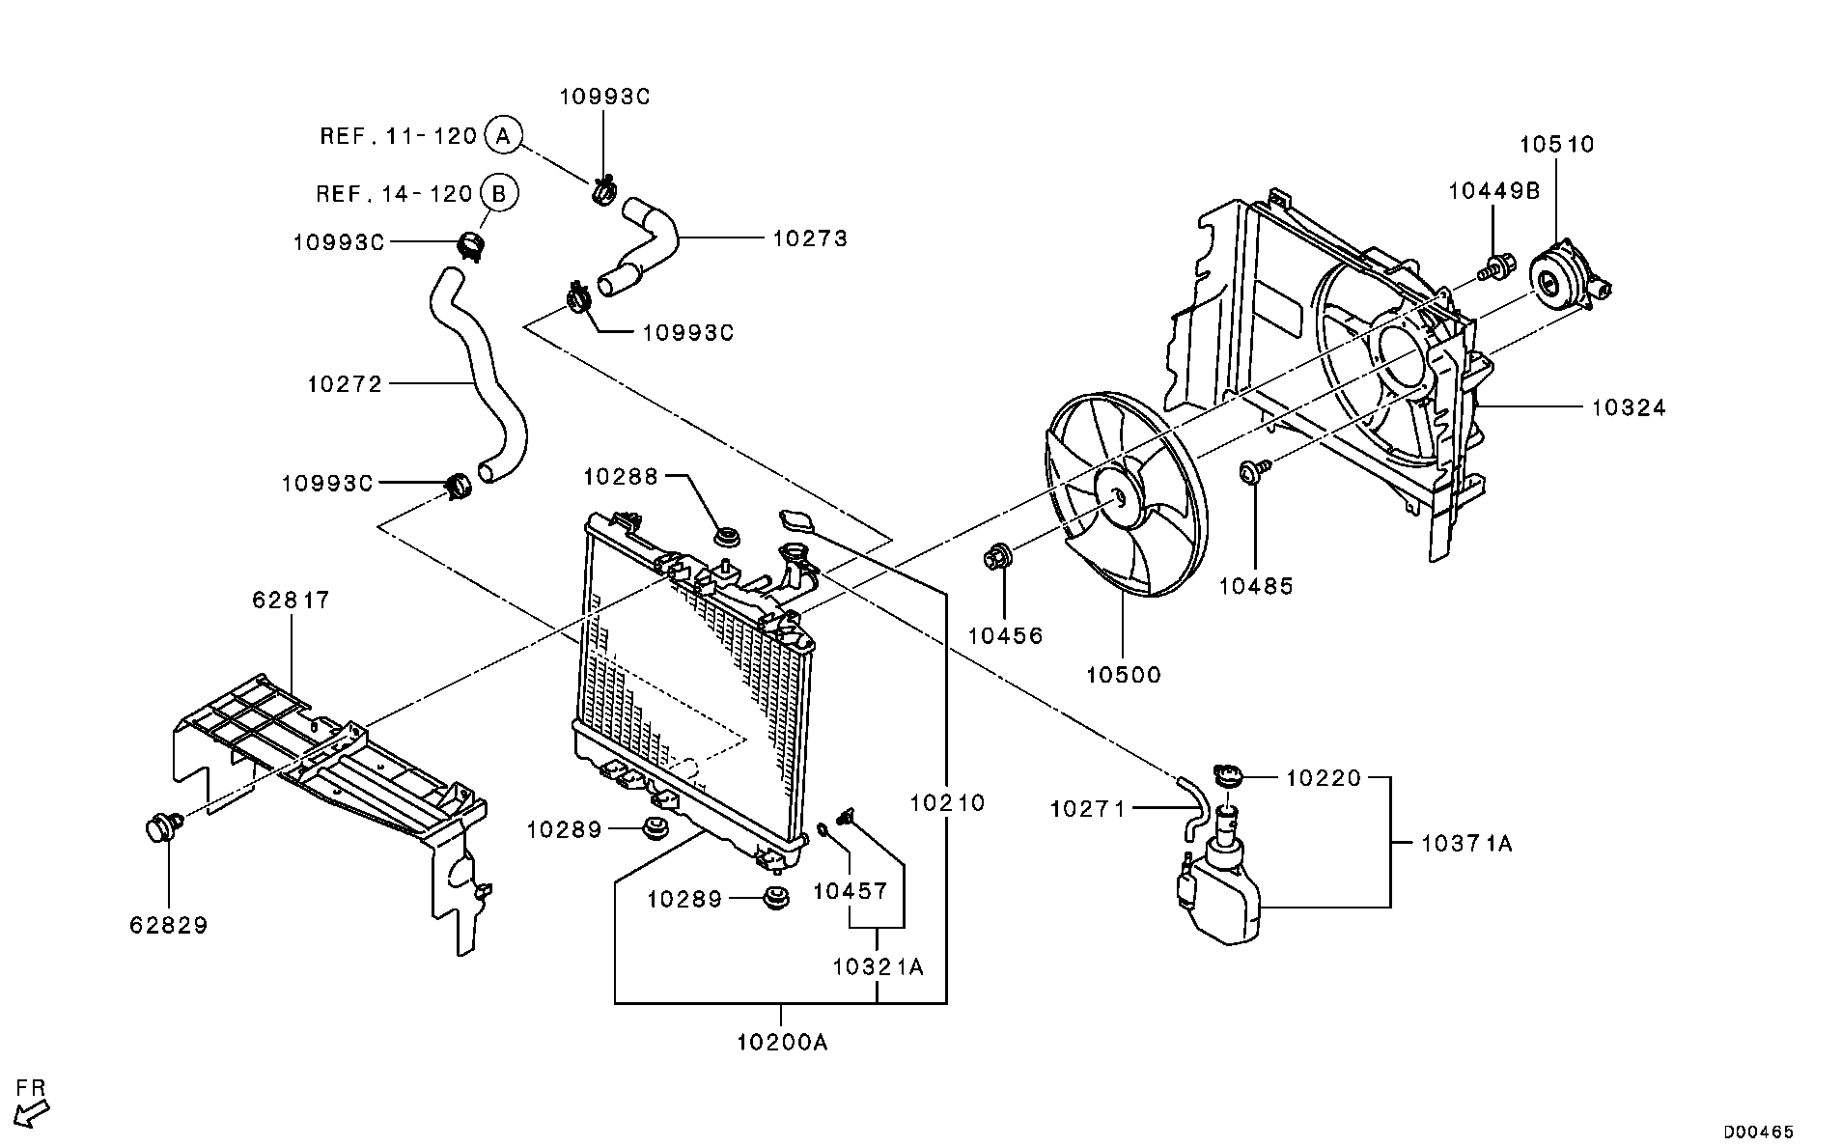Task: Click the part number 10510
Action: (1556, 145)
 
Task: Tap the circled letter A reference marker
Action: (502, 135)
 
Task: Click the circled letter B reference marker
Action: (498, 194)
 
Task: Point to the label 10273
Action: (810, 238)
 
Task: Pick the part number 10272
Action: (345, 384)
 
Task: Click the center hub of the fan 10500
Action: (1119, 498)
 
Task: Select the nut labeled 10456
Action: (997, 557)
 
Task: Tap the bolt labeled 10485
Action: (1253, 471)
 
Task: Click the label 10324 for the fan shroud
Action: (1629, 408)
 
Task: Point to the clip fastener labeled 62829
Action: (160, 827)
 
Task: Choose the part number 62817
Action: (291, 601)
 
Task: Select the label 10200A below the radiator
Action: (782, 1043)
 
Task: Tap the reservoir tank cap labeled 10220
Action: (1228, 774)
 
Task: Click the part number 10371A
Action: (1466, 844)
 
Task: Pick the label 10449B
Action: (1493, 191)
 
